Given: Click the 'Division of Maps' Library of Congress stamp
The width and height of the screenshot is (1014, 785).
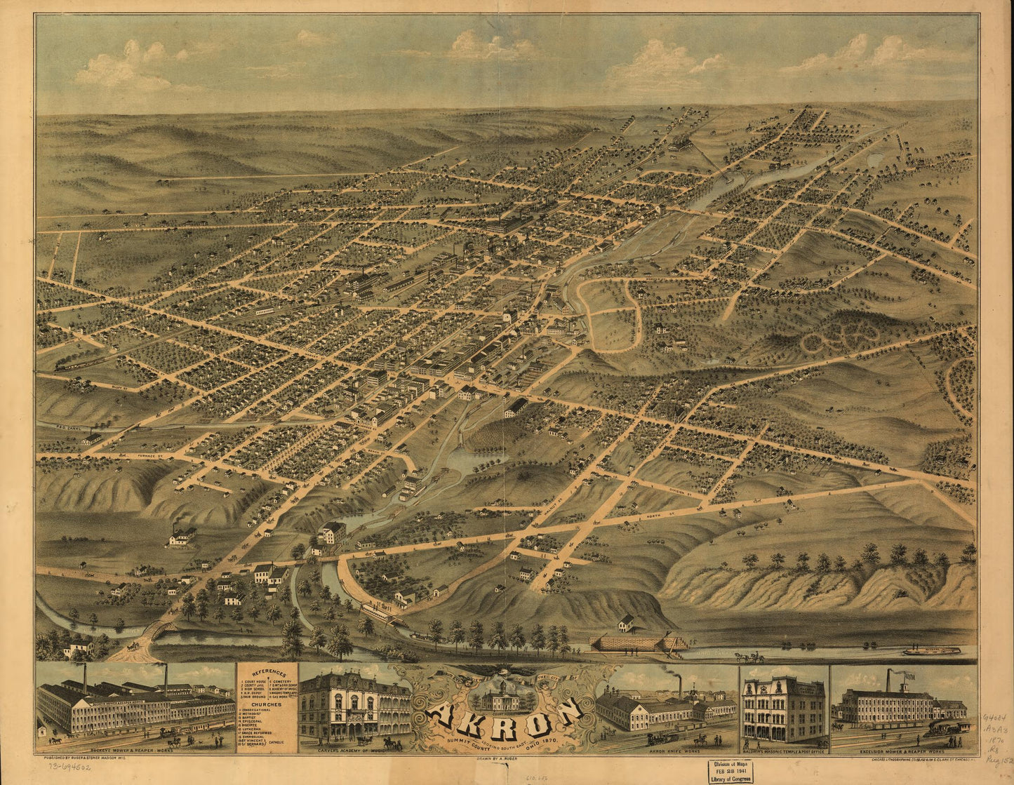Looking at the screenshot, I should (731, 770).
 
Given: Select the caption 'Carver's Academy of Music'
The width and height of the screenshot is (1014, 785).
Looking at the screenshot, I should (354, 750).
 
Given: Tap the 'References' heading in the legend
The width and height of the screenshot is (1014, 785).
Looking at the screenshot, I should (267, 671).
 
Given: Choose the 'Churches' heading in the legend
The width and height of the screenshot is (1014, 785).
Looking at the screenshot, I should (267, 704).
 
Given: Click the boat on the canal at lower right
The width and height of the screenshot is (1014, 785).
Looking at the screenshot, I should (931, 650).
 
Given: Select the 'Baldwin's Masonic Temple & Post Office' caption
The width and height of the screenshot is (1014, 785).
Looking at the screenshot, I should (784, 750).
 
